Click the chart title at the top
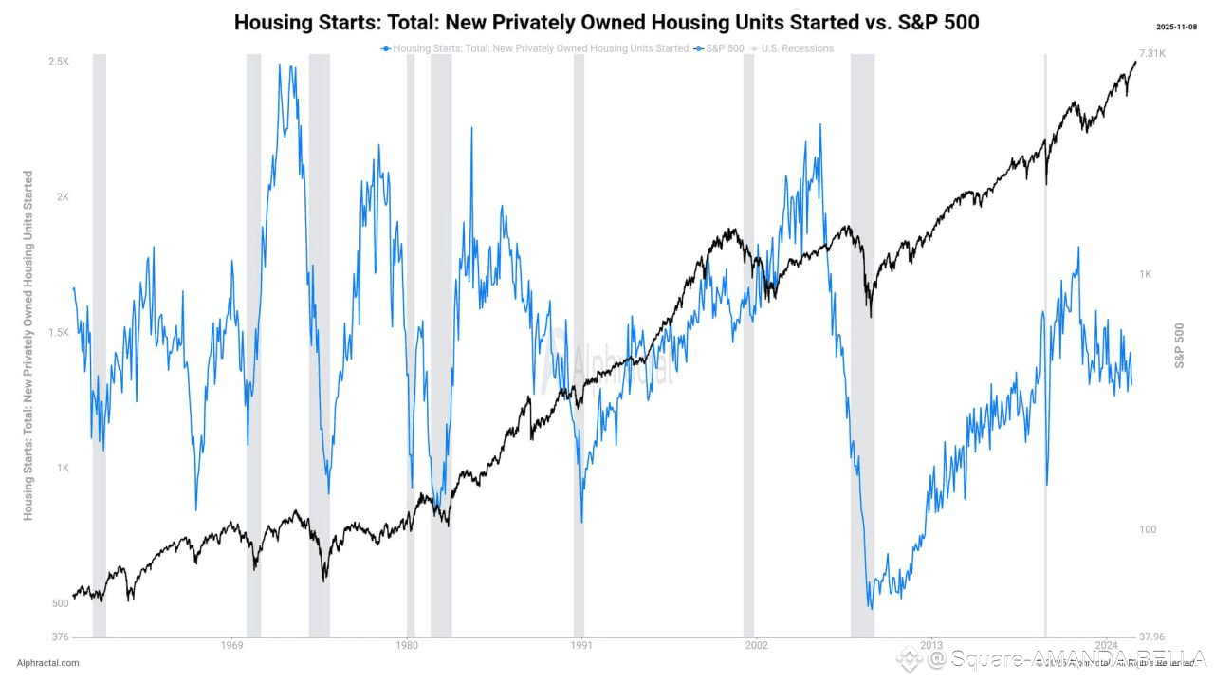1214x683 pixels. coord(606,22)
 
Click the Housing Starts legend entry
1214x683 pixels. coord(535,48)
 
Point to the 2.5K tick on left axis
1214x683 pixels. coord(59,62)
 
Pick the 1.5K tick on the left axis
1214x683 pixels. coord(59,333)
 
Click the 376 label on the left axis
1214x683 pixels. coord(60,637)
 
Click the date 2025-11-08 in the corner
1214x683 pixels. coord(1179,27)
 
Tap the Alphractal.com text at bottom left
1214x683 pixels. coord(47,663)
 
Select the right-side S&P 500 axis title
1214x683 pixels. coord(1180,345)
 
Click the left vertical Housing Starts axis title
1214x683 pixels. coord(28,345)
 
